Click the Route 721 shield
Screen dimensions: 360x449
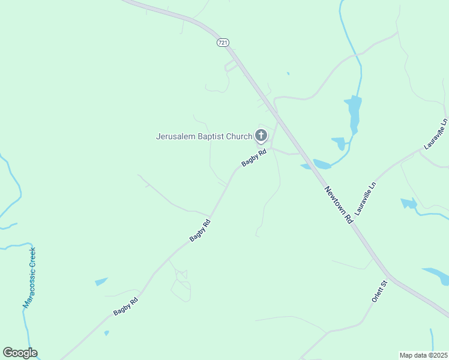[x=223, y=43]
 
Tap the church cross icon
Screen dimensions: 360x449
[x=261, y=135]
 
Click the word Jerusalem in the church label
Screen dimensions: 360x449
[x=176, y=136]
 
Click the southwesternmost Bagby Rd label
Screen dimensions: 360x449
[x=126, y=306]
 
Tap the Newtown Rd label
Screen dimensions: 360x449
[x=340, y=206]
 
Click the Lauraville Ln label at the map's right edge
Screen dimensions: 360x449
[x=436, y=133]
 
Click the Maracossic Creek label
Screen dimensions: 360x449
[x=29, y=277]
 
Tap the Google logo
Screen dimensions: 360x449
[x=20, y=353]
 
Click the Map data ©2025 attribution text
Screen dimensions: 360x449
[x=423, y=355]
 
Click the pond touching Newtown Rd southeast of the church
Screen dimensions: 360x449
[x=321, y=164]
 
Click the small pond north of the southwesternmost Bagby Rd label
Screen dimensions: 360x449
[x=101, y=281]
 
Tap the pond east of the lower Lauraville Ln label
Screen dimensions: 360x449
[x=409, y=203]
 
